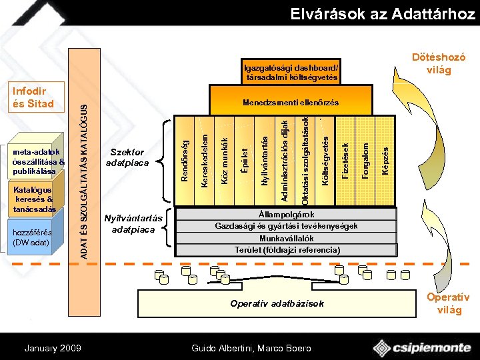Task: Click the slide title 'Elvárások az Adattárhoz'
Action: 382,14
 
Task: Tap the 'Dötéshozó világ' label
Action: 439,64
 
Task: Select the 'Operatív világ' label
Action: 448,303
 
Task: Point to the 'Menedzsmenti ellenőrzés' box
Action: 291,103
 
